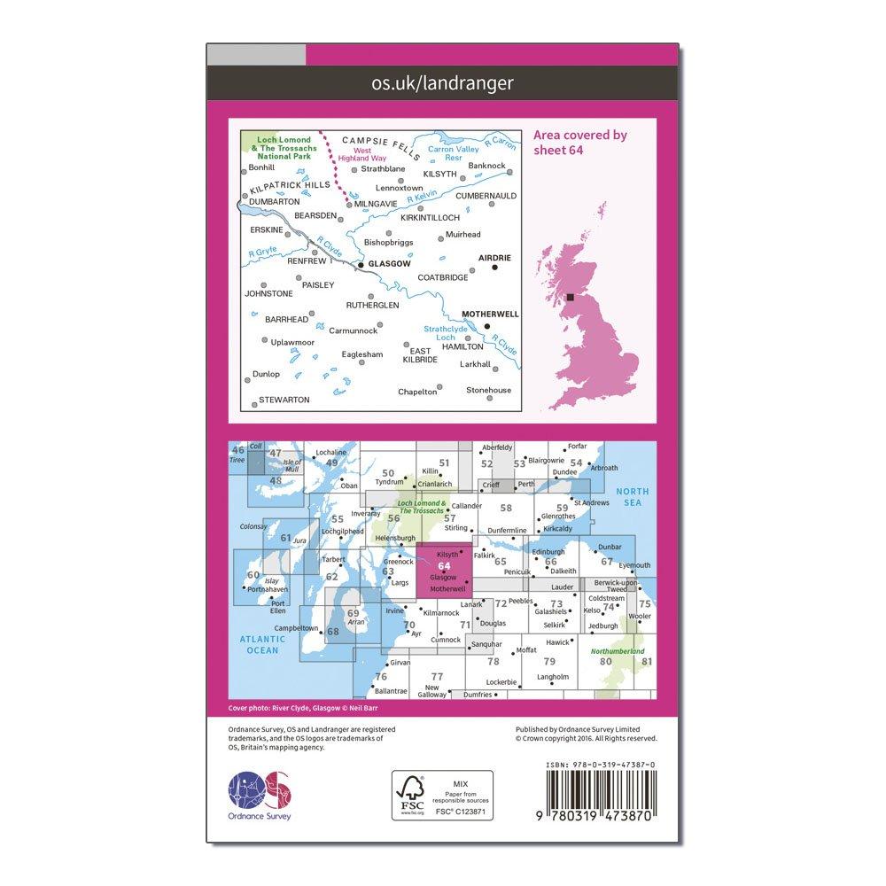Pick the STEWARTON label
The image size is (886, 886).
click(284, 400)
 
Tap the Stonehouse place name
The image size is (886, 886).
click(491, 390)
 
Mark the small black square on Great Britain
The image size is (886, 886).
click(570, 298)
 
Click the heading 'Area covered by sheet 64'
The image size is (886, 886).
click(580, 143)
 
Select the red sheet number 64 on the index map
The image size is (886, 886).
click(443, 567)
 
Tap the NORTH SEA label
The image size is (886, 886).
click(633, 497)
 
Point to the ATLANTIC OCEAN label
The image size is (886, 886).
click(261, 644)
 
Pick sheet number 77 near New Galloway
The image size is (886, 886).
click(437, 676)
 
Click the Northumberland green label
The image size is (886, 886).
click(617, 652)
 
